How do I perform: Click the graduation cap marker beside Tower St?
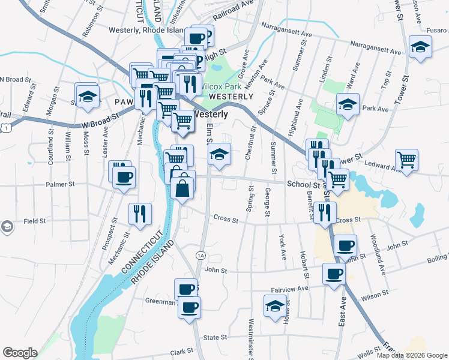pyautogui.click(x=420, y=47)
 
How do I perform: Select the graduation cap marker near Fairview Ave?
pyautogui.click(x=275, y=305)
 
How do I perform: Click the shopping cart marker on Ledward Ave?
pyautogui.click(x=406, y=160)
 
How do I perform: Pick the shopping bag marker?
pyautogui.click(x=182, y=187)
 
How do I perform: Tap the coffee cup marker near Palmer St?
pyautogui.click(x=124, y=178)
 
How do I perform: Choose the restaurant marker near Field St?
pyautogui.click(x=140, y=214)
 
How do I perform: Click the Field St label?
pyautogui.click(x=35, y=221)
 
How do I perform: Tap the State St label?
pyautogui.click(x=215, y=338)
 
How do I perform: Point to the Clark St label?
pyautogui.click(x=180, y=352)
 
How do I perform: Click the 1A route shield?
pyautogui.click(x=200, y=256)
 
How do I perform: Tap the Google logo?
pyautogui.click(x=20, y=353)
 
